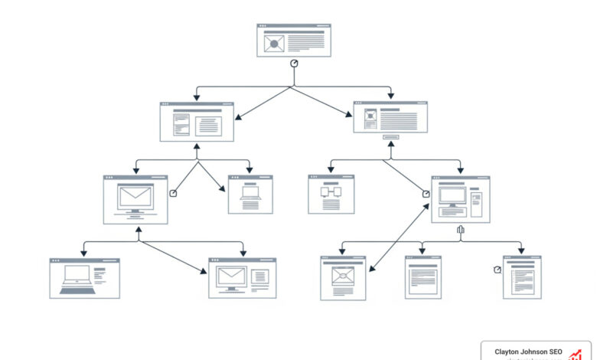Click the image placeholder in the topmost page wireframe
272,44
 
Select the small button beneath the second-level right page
390,138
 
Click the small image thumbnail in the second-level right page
370,117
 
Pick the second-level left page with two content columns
197,122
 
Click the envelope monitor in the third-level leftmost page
135,198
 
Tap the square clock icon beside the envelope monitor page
173,193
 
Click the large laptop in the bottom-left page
77,277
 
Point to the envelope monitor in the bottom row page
230,278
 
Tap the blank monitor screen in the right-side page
452,196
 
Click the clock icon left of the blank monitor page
426,195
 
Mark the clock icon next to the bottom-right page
497,270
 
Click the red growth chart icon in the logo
576,353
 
